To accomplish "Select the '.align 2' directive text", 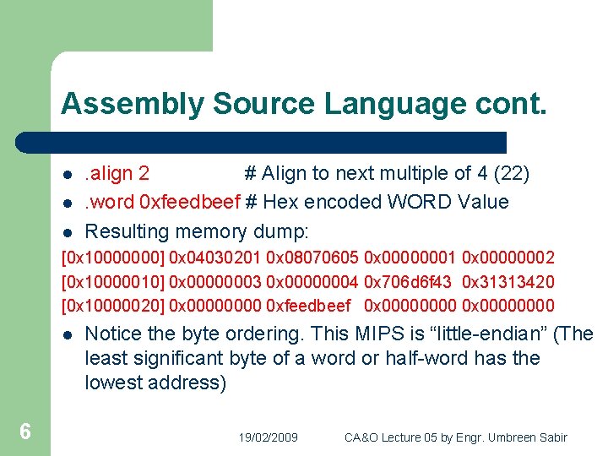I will pyautogui.click(x=117, y=174).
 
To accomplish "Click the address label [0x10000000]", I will pyautogui.click(x=113, y=257).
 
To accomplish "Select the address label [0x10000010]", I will pyautogui.click(x=113, y=281).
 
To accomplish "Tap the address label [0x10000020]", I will pyautogui.click(x=113, y=306).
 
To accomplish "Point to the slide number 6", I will pyautogui.click(x=25, y=432).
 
